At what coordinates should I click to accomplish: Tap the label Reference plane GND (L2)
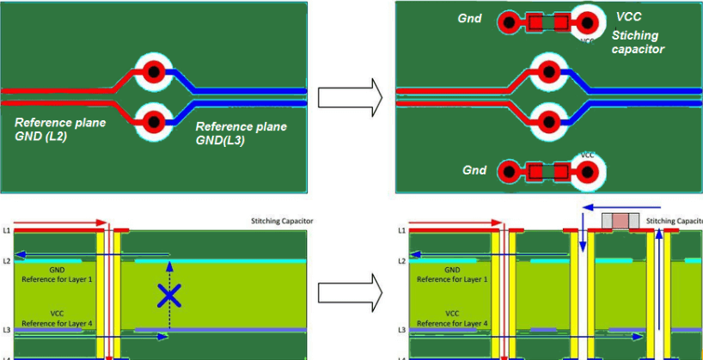(60, 129)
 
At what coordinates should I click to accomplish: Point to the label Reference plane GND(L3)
(241, 133)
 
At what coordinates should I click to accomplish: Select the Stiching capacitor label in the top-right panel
(638, 42)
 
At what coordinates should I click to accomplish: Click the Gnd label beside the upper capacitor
(469, 18)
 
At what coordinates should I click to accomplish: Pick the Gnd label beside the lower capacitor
(475, 170)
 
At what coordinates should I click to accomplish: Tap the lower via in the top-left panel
(155, 120)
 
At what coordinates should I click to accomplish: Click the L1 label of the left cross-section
(6, 230)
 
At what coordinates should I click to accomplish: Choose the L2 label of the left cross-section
(6, 259)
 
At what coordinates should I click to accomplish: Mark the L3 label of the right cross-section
(402, 330)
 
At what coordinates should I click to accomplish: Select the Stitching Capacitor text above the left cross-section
(276, 221)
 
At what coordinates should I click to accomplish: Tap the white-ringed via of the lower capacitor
(587, 172)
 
